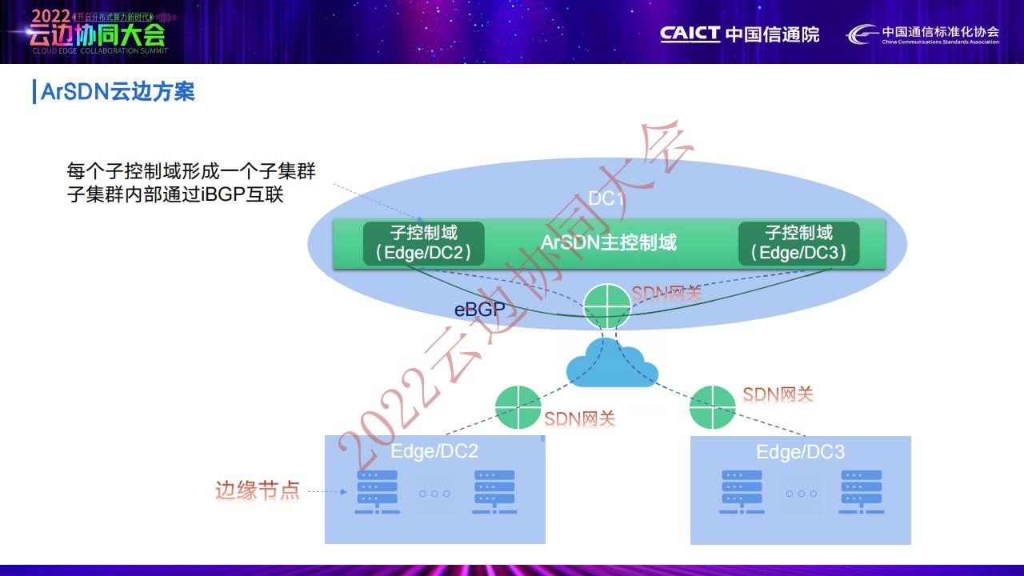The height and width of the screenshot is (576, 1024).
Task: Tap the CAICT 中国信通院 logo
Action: (739, 34)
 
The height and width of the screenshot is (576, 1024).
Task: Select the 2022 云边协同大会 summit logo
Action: (96, 32)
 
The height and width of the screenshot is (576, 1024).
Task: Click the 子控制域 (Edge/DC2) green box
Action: (423, 244)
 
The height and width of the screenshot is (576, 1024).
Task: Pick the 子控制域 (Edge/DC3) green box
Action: (798, 244)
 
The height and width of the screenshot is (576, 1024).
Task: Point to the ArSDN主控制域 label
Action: (609, 242)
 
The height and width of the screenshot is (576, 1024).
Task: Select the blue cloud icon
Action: (612, 364)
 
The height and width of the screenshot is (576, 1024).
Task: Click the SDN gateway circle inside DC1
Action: (606, 306)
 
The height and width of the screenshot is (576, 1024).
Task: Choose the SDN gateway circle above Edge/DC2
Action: (518, 407)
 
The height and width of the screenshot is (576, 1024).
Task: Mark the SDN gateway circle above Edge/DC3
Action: (712, 407)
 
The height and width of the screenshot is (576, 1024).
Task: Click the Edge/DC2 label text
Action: (434, 451)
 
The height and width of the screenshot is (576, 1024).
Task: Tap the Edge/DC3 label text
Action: (800, 452)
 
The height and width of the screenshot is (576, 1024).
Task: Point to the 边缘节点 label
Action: (257, 490)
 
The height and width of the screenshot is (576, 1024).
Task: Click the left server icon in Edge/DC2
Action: (377, 492)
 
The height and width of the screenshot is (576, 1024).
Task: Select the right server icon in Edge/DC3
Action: (861, 492)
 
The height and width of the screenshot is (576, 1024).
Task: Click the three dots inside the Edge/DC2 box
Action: (434, 494)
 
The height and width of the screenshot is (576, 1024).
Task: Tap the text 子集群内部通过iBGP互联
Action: (175, 194)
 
